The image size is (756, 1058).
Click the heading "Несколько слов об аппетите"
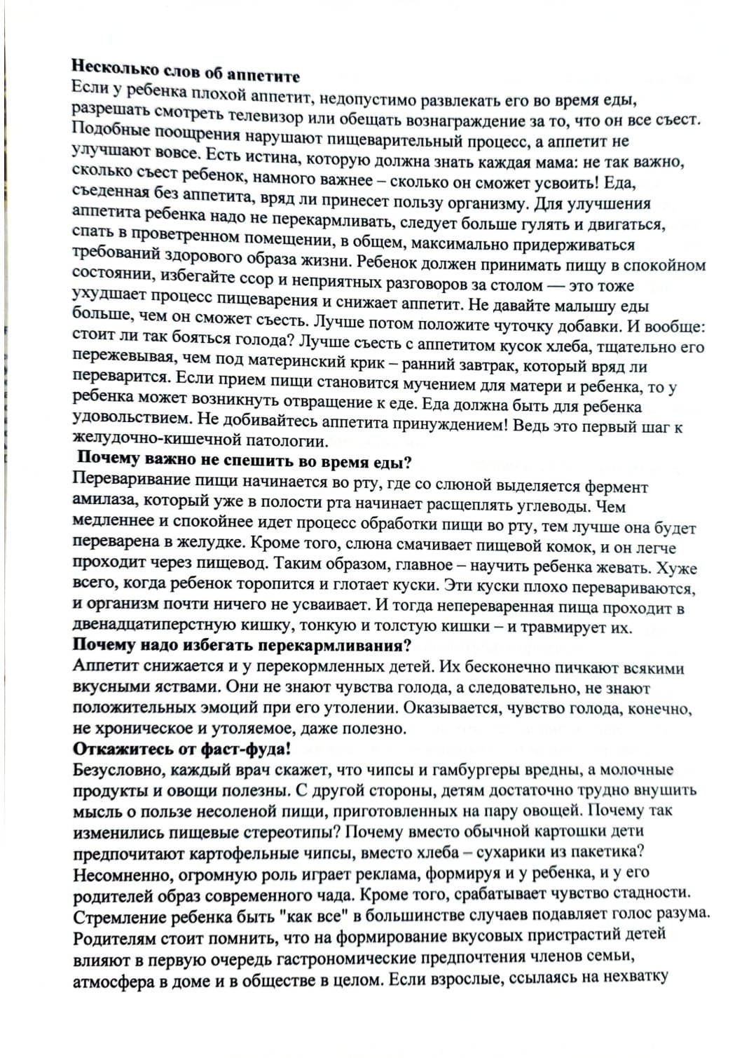click(186, 72)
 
